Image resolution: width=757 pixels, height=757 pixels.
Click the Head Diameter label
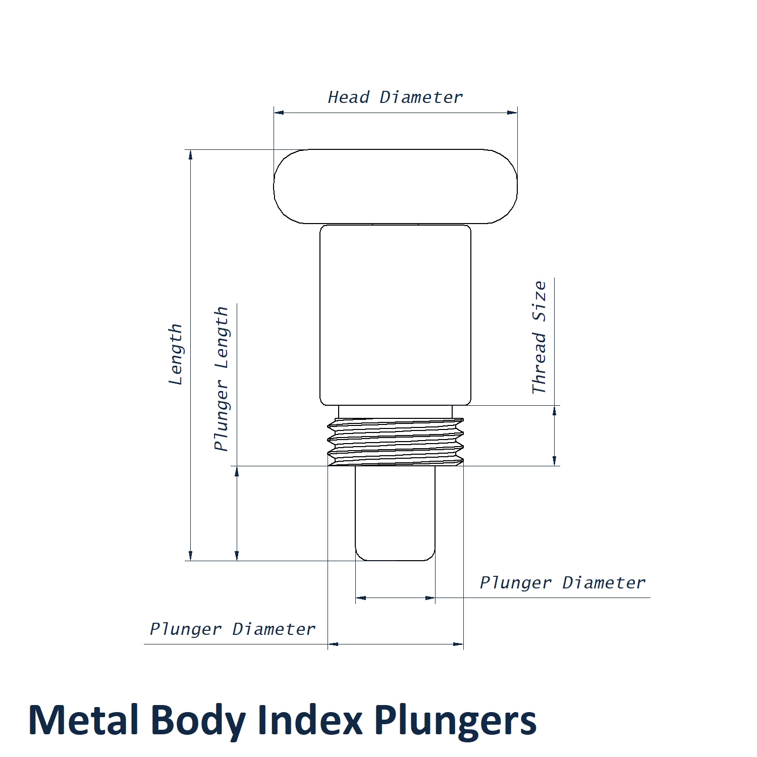395,97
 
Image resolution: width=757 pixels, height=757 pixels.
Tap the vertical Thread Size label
539,337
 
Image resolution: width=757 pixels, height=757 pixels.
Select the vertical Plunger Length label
222,379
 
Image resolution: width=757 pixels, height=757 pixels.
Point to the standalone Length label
175,354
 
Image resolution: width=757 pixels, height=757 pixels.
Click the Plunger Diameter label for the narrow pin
562,583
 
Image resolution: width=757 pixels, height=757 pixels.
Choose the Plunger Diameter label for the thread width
233,629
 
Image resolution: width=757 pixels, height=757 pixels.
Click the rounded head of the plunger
395,186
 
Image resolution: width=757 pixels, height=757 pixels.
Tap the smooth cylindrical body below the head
395,314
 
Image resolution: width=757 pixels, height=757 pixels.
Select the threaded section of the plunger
395,442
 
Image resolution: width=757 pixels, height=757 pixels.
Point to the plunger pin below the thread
395,512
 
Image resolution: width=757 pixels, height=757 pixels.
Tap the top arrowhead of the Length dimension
191,154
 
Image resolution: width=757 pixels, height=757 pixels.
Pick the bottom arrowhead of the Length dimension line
191,556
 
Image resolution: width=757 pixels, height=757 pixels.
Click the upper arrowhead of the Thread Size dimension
554,410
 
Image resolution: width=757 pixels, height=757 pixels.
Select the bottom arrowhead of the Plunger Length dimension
237,556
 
